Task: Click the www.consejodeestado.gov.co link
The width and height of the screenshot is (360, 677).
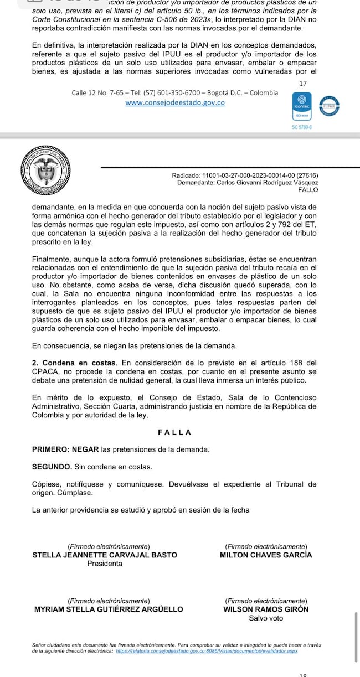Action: pos(175,102)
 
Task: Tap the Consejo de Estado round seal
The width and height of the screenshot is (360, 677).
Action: pos(47,170)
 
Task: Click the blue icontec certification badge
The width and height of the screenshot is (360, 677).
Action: pos(302,107)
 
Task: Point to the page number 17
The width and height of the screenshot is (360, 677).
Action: pos(302,83)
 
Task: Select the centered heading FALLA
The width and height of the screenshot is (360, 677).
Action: pos(174,432)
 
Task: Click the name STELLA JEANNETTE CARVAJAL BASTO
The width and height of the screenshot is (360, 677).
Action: pos(105,555)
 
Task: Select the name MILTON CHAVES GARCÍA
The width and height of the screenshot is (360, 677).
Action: pos(266,555)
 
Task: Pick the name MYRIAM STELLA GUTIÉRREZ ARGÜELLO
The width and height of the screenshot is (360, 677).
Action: pos(109,609)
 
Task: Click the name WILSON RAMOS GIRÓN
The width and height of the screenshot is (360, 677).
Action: pos(266,609)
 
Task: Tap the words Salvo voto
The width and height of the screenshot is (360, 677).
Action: pos(266,618)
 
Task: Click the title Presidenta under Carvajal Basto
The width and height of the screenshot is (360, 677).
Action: pos(105,564)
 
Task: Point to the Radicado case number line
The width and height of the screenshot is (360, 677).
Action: pos(245,176)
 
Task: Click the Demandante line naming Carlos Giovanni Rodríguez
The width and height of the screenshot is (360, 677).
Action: pos(248,183)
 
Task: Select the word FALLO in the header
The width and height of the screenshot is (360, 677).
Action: pos(308,189)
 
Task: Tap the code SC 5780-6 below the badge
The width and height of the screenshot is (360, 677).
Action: pos(302,127)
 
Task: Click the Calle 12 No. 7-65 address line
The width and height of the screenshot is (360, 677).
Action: pos(175,92)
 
